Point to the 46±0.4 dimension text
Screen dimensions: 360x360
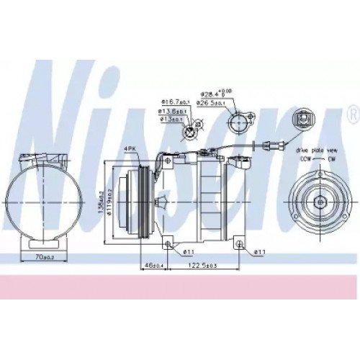pos(152,266)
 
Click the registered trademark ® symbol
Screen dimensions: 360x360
pos(351,113)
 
